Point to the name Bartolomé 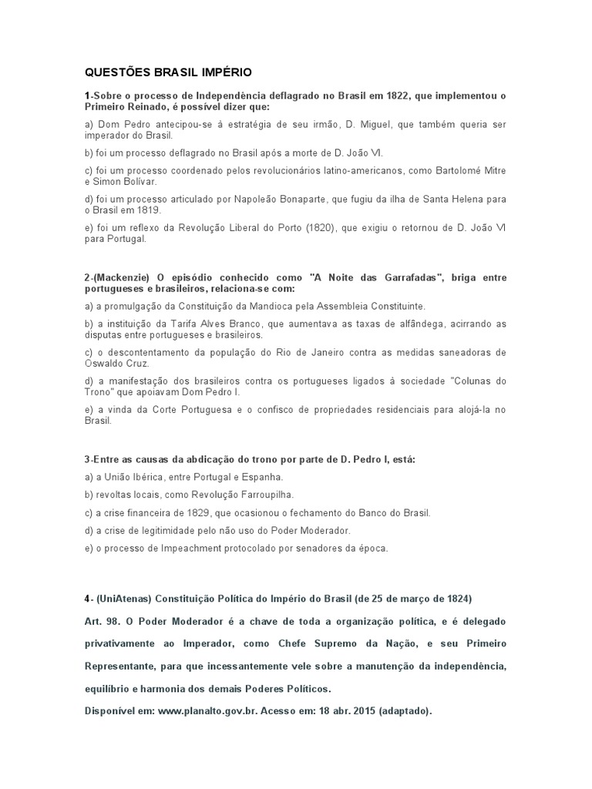point(455,170)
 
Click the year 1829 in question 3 point(196,512)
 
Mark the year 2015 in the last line point(348,711)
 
